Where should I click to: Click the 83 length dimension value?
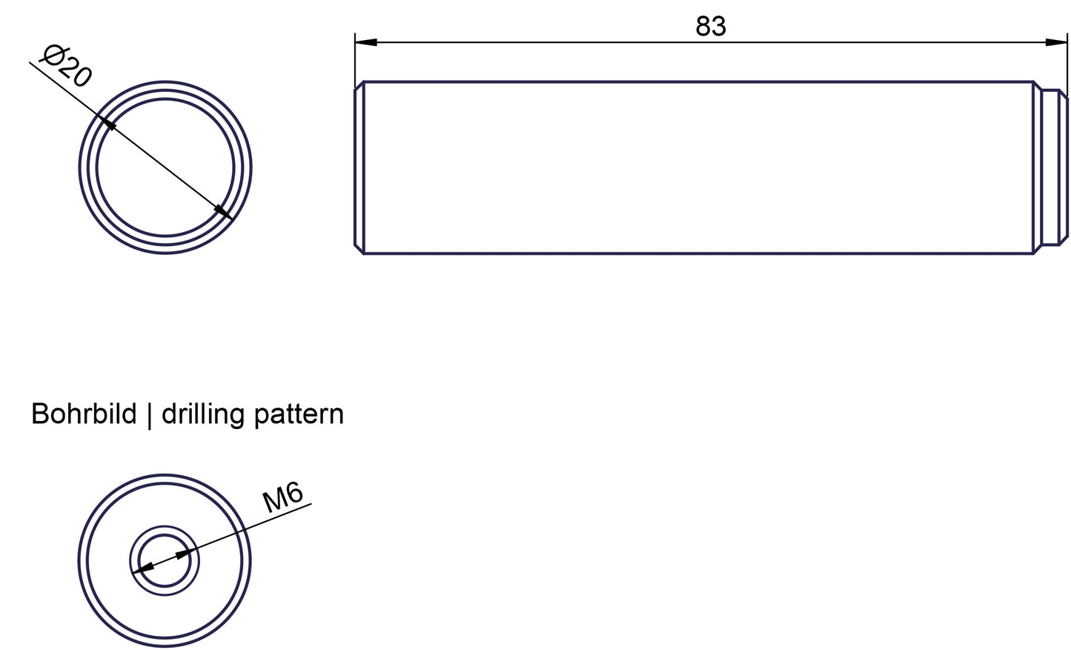711,26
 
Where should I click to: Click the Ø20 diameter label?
66,66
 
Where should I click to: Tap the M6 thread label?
282,497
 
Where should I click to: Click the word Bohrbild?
84,414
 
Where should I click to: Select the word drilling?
203,415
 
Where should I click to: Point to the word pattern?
299,415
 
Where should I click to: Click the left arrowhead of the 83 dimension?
365,42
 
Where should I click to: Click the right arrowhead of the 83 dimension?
1056,42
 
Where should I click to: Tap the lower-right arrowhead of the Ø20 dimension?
223,212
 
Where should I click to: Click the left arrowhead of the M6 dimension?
142,568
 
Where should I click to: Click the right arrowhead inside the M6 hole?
185,554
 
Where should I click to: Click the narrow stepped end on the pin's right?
1055,167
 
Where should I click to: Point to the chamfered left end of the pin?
359,168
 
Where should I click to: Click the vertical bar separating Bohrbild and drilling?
149,415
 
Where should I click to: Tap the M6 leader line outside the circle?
278,517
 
